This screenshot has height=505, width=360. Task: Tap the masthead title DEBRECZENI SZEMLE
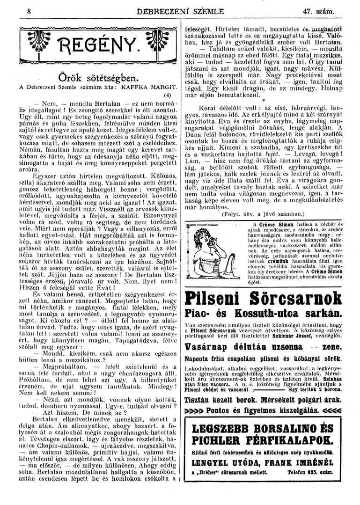pos(174,10)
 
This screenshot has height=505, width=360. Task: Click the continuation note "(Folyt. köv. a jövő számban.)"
pos(263,215)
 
